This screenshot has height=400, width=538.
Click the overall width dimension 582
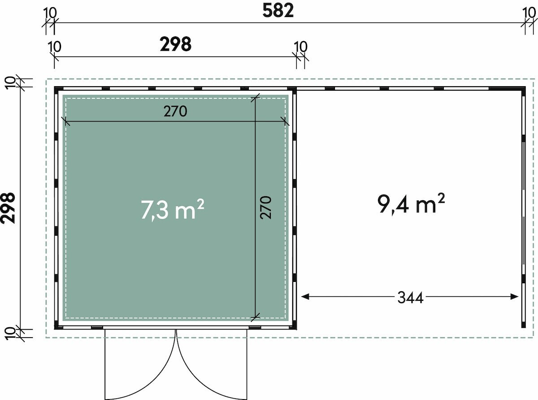(x=278, y=11)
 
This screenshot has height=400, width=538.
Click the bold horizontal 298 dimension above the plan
(x=176, y=44)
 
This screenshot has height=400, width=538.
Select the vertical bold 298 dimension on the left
(x=8, y=208)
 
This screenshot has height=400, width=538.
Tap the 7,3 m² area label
(x=173, y=209)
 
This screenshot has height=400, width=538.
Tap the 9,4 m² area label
(x=411, y=204)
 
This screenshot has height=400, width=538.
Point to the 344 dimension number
(x=410, y=298)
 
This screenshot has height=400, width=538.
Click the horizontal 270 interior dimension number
(x=175, y=111)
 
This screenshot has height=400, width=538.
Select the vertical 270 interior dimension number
(x=265, y=207)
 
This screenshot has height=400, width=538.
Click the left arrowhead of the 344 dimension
(x=305, y=297)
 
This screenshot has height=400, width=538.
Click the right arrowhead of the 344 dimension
(x=515, y=297)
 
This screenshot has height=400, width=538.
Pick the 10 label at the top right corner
(x=529, y=13)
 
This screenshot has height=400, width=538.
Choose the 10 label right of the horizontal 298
(x=300, y=47)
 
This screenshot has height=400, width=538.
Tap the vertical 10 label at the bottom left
(x=10, y=333)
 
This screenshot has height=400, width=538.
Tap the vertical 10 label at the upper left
(x=10, y=83)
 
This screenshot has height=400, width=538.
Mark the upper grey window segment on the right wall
(x=524, y=166)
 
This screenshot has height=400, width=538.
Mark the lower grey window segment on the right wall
(x=524, y=240)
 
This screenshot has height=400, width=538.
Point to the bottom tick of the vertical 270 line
(x=255, y=317)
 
